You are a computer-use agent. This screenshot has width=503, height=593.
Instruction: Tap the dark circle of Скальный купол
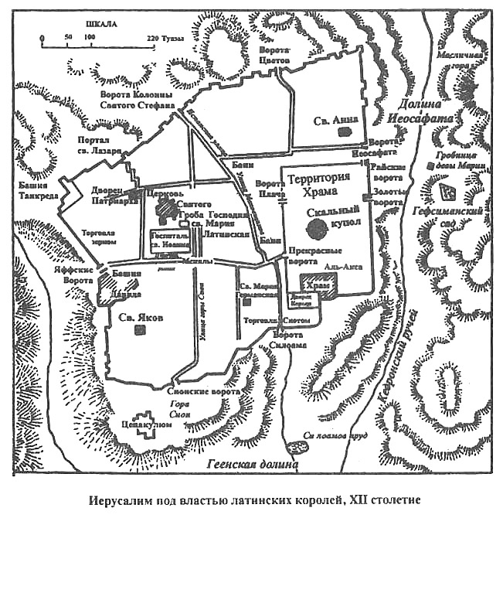tap(315, 227)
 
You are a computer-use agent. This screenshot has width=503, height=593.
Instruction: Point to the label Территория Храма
tap(318, 186)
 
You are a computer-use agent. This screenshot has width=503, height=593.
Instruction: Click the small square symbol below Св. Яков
tap(140, 329)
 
